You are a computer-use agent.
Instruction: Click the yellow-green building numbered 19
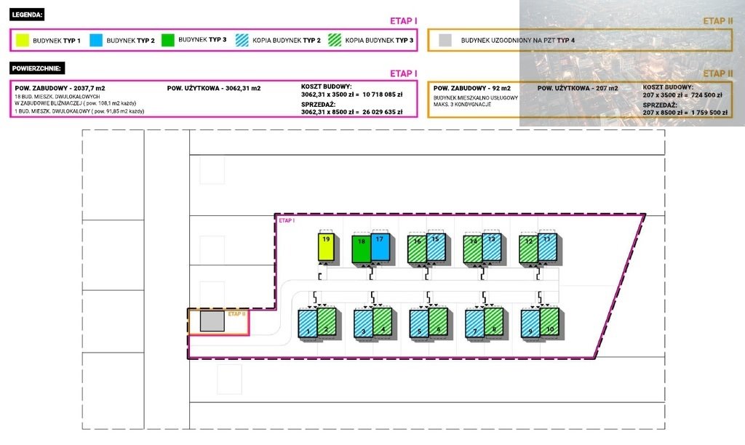[x=327, y=248]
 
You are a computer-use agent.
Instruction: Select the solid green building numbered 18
[x=361, y=249]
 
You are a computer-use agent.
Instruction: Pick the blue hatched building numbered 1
[x=307, y=323]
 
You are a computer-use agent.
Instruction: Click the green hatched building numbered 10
[x=550, y=323]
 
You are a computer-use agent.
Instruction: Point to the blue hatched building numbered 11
[x=547, y=247]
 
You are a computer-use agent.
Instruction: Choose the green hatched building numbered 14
[x=473, y=249]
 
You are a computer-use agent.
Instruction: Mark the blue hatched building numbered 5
[x=418, y=323]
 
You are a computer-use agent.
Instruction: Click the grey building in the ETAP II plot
[x=212, y=321]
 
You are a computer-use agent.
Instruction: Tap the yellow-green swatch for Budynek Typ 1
[x=23, y=40]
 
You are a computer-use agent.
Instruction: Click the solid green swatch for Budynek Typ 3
[x=169, y=39]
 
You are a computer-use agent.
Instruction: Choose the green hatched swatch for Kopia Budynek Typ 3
[x=336, y=40]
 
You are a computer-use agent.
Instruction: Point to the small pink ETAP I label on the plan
[x=287, y=220]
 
